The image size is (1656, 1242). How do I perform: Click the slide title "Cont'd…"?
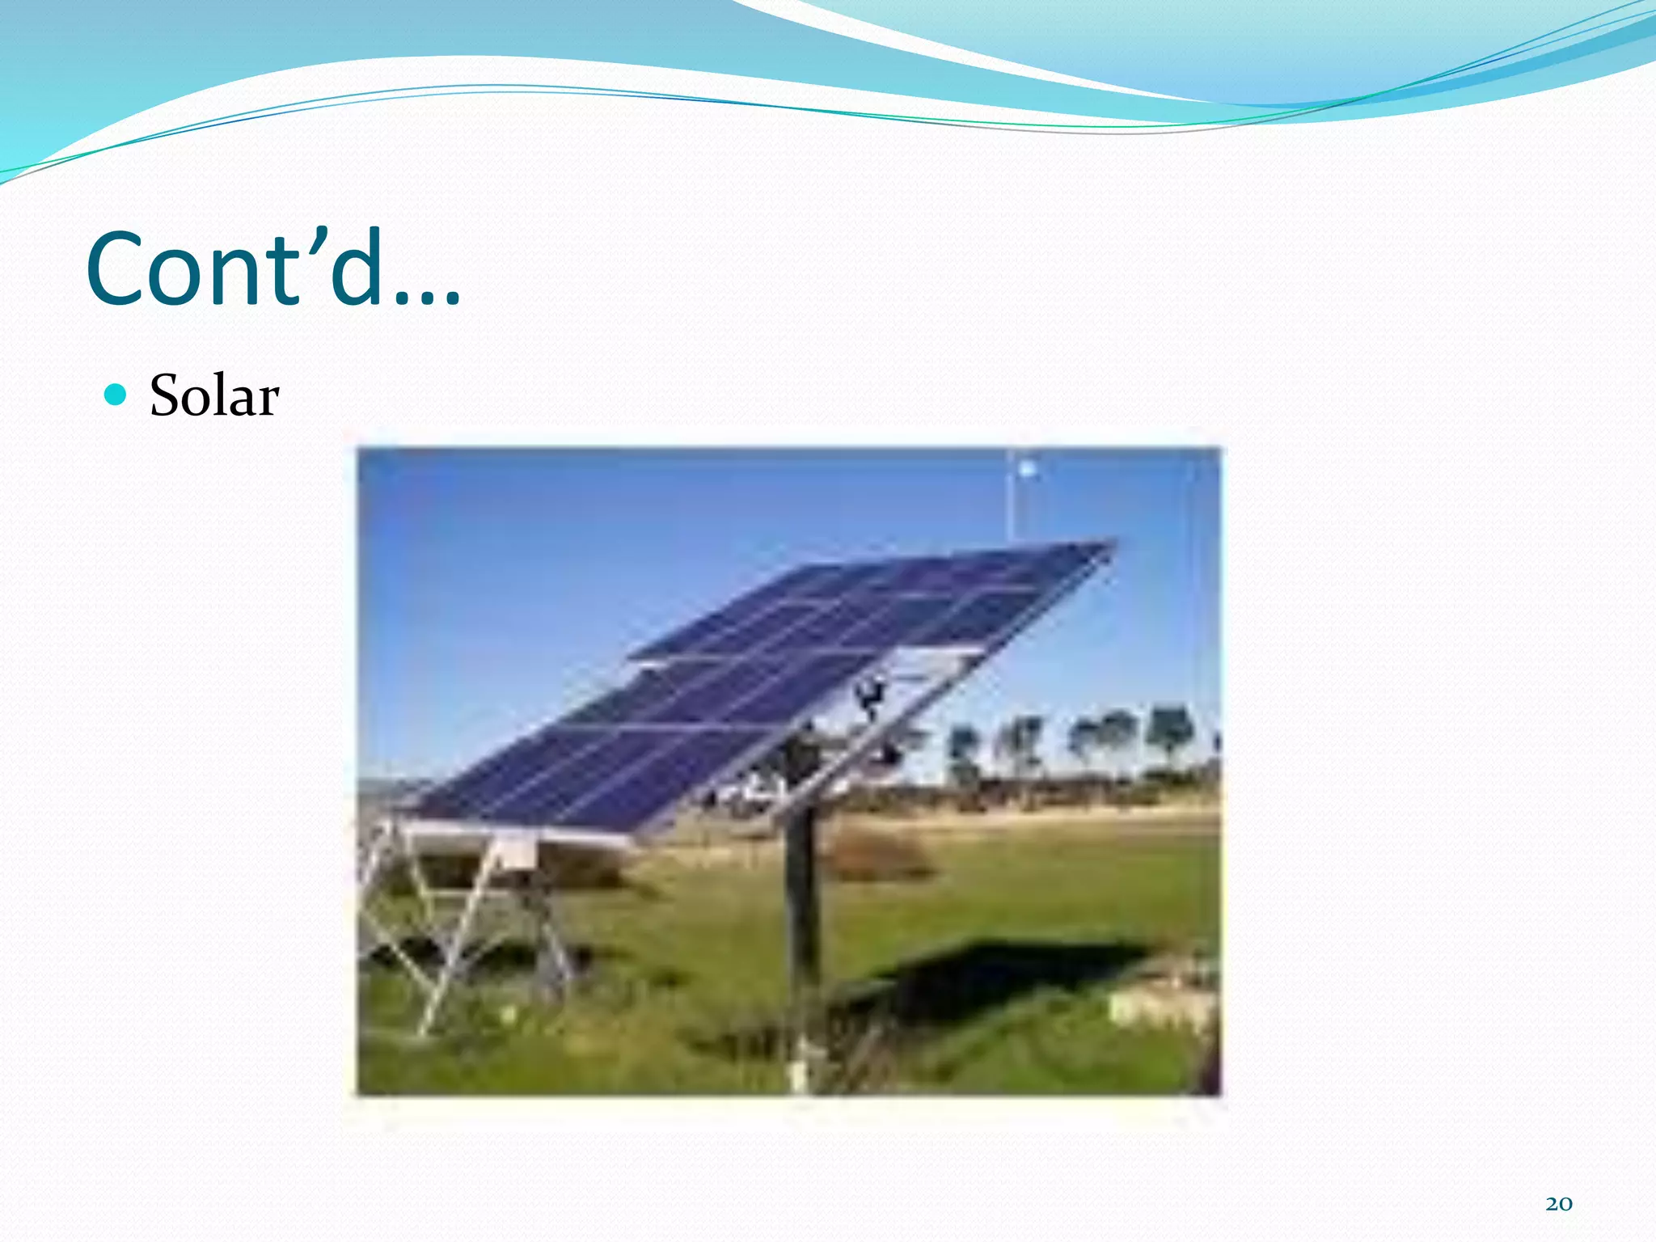[x=273, y=268]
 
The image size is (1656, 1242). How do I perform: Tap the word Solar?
[x=214, y=396]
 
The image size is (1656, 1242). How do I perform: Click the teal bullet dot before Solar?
[x=116, y=395]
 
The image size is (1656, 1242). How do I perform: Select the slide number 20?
[x=1558, y=1204]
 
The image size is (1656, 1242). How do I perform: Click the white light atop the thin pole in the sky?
[x=1027, y=468]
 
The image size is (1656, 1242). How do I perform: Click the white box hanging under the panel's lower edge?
[x=514, y=853]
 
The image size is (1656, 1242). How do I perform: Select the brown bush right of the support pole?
[x=881, y=853]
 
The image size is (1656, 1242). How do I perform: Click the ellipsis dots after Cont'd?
[x=428, y=300]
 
